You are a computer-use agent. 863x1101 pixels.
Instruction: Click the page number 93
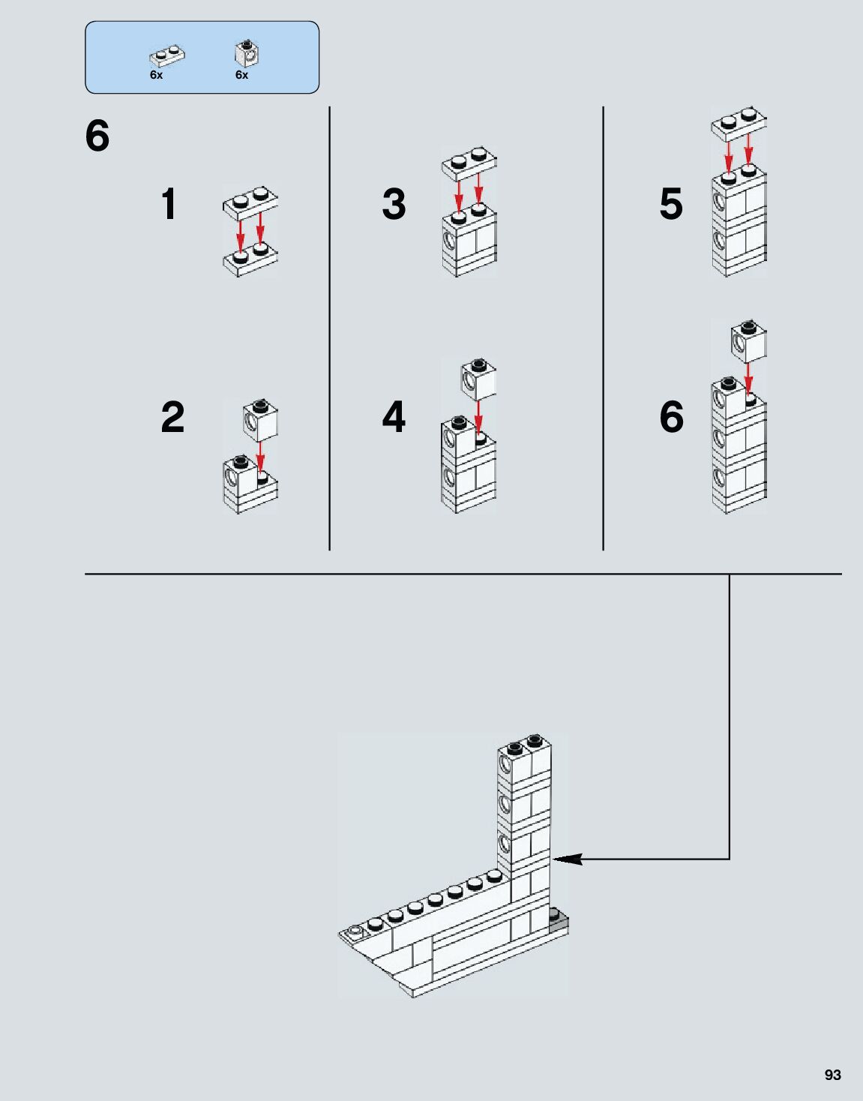click(x=832, y=1075)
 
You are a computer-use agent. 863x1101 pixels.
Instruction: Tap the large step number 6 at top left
click(x=97, y=136)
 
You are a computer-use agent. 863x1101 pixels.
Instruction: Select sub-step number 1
click(x=169, y=204)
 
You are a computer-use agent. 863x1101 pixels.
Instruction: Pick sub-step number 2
click(x=172, y=417)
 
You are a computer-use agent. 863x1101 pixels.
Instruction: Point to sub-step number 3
click(x=394, y=204)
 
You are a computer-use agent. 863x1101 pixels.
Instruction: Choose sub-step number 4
click(x=394, y=417)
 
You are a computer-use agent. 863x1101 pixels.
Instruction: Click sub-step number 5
click(x=671, y=204)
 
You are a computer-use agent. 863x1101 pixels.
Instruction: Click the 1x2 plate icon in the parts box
click(x=167, y=56)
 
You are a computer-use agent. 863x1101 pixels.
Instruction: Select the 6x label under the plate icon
click(x=156, y=75)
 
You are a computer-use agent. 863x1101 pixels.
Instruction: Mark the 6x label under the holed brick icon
click(x=241, y=75)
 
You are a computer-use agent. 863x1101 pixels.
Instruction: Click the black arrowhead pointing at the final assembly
click(x=567, y=859)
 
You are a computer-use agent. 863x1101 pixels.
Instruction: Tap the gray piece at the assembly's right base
click(x=559, y=919)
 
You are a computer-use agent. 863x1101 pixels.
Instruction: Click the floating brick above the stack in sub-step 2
click(x=260, y=420)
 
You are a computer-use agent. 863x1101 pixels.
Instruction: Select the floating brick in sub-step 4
click(x=478, y=378)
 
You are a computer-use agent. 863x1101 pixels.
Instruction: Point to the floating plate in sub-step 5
click(x=739, y=124)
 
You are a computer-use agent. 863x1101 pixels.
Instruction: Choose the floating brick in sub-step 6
click(x=749, y=342)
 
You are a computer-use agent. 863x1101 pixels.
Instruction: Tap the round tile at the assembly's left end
click(x=354, y=931)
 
